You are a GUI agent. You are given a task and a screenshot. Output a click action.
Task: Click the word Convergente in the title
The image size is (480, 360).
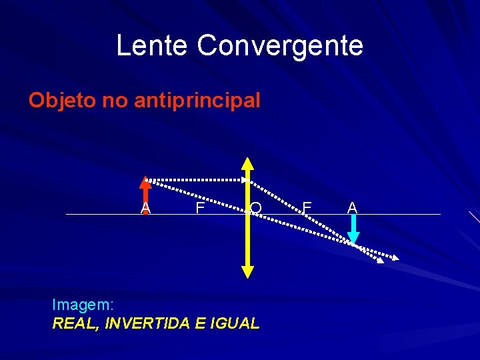280,46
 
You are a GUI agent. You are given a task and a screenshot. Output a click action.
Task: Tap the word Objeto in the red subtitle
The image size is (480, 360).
63,101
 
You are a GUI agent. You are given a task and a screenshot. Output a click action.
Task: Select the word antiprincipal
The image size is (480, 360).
197,101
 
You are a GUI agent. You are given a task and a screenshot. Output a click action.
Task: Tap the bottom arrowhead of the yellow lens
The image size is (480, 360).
247,271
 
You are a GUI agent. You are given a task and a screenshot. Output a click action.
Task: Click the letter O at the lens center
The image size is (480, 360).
256,209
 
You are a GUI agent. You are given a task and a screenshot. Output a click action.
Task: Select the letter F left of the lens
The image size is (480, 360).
199,208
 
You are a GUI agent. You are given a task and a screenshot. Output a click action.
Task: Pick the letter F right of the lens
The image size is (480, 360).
307,208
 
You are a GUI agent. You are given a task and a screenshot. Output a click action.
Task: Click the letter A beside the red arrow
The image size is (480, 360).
145,208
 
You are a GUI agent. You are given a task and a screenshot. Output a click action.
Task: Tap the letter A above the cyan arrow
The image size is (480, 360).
353,208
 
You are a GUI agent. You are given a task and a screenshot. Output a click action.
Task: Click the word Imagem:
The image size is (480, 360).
83,305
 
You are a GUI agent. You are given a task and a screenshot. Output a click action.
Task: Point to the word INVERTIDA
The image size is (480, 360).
147,323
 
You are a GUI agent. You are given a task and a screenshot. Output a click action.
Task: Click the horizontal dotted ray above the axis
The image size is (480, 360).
197,179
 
